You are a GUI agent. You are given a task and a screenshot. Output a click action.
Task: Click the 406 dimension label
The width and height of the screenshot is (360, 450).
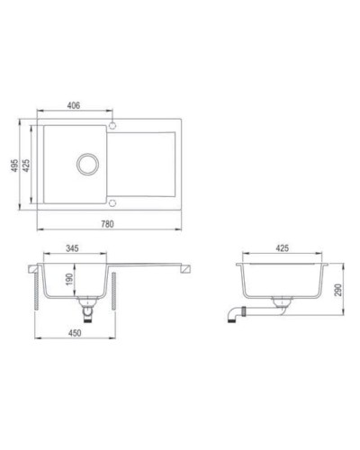[x=75, y=106]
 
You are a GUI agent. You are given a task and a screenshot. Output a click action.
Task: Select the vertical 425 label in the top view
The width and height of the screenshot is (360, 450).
[x=29, y=168]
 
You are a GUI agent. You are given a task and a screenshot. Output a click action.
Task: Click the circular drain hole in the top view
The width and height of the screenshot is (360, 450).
[x=88, y=163]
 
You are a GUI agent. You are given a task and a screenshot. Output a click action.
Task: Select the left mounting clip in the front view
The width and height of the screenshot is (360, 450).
[x=37, y=288]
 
